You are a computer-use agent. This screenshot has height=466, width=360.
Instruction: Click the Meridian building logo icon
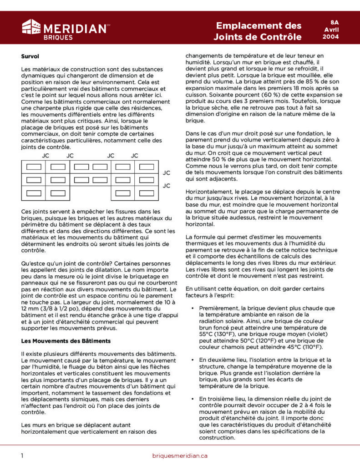(31, 27)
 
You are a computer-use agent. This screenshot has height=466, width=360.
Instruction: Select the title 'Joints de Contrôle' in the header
(258, 37)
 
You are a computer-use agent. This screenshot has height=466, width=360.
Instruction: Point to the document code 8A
(335, 22)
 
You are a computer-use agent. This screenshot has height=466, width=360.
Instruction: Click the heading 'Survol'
(30, 56)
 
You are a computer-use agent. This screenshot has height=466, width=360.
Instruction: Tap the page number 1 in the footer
(22, 456)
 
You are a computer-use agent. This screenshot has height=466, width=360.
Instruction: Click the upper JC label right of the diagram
(167, 173)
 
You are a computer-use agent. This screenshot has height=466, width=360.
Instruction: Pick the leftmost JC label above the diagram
(46, 156)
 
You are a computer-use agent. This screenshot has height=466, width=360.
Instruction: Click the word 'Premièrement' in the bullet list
(220, 308)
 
